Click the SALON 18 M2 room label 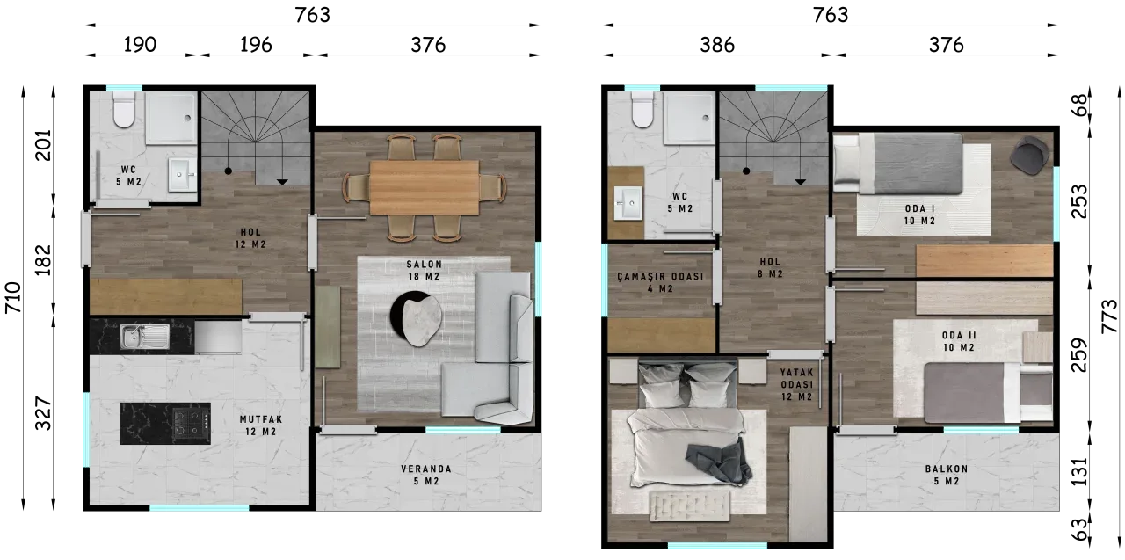click(x=424, y=270)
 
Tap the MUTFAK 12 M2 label click(x=261, y=425)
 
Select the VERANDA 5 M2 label click(x=426, y=475)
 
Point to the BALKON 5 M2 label click(x=947, y=475)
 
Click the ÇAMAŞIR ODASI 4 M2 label click(x=660, y=282)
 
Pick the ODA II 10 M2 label click(x=958, y=341)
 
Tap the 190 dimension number click(x=140, y=45)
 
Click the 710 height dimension click(x=13, y=297)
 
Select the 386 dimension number click(x=717, y=45)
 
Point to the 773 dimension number click(x=1109, y=316)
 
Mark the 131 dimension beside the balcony click(x=1079, y=471)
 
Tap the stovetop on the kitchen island click(x=191, y=423)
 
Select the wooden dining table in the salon click(x=424, y=188)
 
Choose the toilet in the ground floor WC click(x=124, y=110)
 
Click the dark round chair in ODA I click(x=1029, y=156)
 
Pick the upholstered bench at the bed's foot click(x=690, y=505)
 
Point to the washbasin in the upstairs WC click(x=628, y=203)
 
